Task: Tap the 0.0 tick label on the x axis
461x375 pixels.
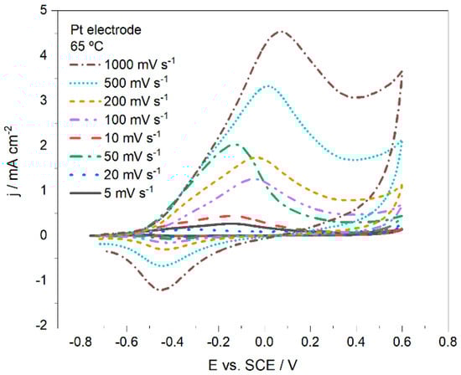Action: (265, 342)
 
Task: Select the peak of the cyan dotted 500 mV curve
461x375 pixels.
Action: (268, 85)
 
